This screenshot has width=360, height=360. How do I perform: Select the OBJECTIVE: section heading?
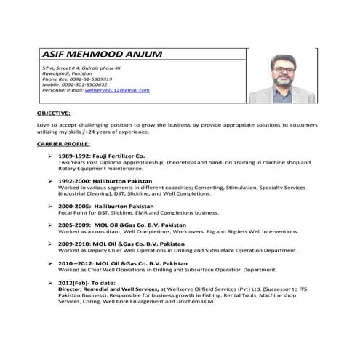(x=52, y=113)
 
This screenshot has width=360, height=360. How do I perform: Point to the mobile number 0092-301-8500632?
(x=84, y=84)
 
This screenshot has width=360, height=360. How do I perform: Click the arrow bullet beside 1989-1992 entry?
(x=49, y=156)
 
